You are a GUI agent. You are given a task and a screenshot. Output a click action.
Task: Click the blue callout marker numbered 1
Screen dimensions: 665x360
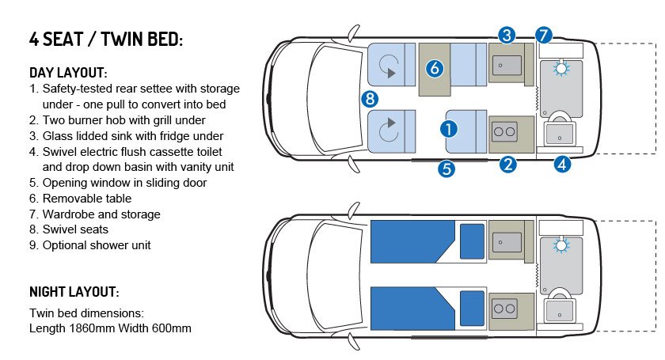pyautogui.click(x=449, y=129)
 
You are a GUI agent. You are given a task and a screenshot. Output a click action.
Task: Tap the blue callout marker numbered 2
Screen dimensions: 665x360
pyautogui.click(x=508, y=164)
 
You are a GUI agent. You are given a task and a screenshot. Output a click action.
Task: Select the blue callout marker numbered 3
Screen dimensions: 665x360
pyautogui.click(x=507, y=35)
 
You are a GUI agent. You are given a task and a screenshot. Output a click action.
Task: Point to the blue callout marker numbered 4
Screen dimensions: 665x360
pyautogui.click(x=562, y=164)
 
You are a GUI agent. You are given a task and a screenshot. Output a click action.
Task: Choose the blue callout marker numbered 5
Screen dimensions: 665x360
pyautogui.click(x=446, y=169)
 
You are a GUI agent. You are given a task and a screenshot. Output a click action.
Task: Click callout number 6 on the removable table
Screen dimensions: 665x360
pyautogui.click(x=435, y=68)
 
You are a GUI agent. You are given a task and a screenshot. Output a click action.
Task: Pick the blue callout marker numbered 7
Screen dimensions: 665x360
pyautogui.click(x=544, y=35)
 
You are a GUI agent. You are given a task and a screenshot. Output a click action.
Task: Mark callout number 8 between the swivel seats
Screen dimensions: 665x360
pyautogui.click(x=370, y=99)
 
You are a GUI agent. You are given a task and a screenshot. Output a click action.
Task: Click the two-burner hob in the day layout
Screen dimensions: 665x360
pyautogui.click(x=505, y=132)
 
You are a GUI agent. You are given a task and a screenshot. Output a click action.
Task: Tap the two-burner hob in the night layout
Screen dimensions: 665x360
pyautogui.click(x=505, y=309)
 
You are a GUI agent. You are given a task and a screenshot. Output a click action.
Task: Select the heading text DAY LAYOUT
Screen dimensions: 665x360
pyautogui.click(x=68, y=73)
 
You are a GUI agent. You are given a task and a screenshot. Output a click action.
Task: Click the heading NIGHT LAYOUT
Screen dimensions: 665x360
pyautogui.click(x=74, y=292)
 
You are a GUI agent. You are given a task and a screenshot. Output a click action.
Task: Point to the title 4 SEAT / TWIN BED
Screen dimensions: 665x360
pyautogui.click(x=106, y=39)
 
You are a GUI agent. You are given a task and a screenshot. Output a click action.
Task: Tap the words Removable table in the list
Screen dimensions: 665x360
pyautogui.click(x=87, y=199)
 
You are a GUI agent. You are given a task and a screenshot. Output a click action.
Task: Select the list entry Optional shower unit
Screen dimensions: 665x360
pyautogui.click(x=97, y=245)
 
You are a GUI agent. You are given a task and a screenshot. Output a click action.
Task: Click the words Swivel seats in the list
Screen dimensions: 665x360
pyautogui.click(x=75, y=229)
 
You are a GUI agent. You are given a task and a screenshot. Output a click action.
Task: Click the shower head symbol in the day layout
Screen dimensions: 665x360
pyautogui.click(x=561, y=68)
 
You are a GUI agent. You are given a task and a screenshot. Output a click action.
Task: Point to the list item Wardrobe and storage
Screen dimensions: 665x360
pyautogui.click(x=101, y=214)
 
